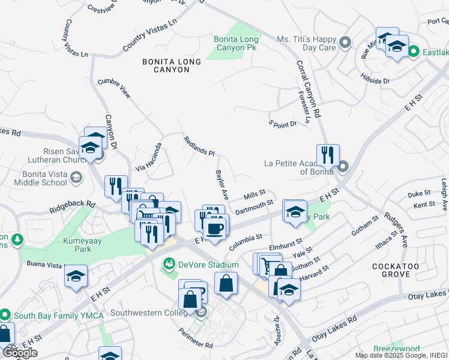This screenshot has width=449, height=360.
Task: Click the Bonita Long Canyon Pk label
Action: tap(237, 44)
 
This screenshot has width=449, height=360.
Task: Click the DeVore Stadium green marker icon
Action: tap(170, 263)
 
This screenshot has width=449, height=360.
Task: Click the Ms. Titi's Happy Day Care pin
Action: tap(345, 43)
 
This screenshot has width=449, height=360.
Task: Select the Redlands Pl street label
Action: tap(199, 145)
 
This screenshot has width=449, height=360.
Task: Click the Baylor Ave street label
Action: tap(222, 184)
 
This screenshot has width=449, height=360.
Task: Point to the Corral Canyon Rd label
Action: tap(309, 88)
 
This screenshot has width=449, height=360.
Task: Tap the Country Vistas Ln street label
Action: tap(150, 34)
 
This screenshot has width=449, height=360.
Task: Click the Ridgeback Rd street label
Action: tap(73, 208)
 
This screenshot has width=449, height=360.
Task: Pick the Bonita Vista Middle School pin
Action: tap(76, 177)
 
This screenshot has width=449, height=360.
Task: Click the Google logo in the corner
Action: tap(20, 353)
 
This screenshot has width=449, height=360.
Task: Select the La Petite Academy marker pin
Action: tap(343, 166)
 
